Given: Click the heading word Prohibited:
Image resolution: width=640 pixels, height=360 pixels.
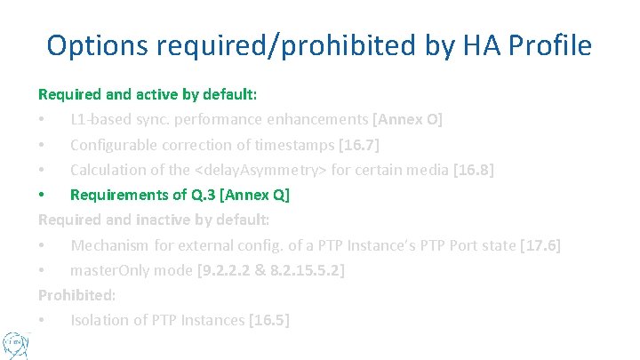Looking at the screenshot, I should (x=76, y=294).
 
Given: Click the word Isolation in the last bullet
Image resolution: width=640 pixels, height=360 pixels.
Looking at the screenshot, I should (x=100, y=319).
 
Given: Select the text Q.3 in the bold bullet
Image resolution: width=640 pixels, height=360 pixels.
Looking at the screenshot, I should (x=196, y=194).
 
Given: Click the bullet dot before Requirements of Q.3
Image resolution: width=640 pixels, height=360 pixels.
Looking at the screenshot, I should (x=43, y=194).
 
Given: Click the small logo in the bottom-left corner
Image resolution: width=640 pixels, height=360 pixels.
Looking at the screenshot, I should (x=15, y=343).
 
